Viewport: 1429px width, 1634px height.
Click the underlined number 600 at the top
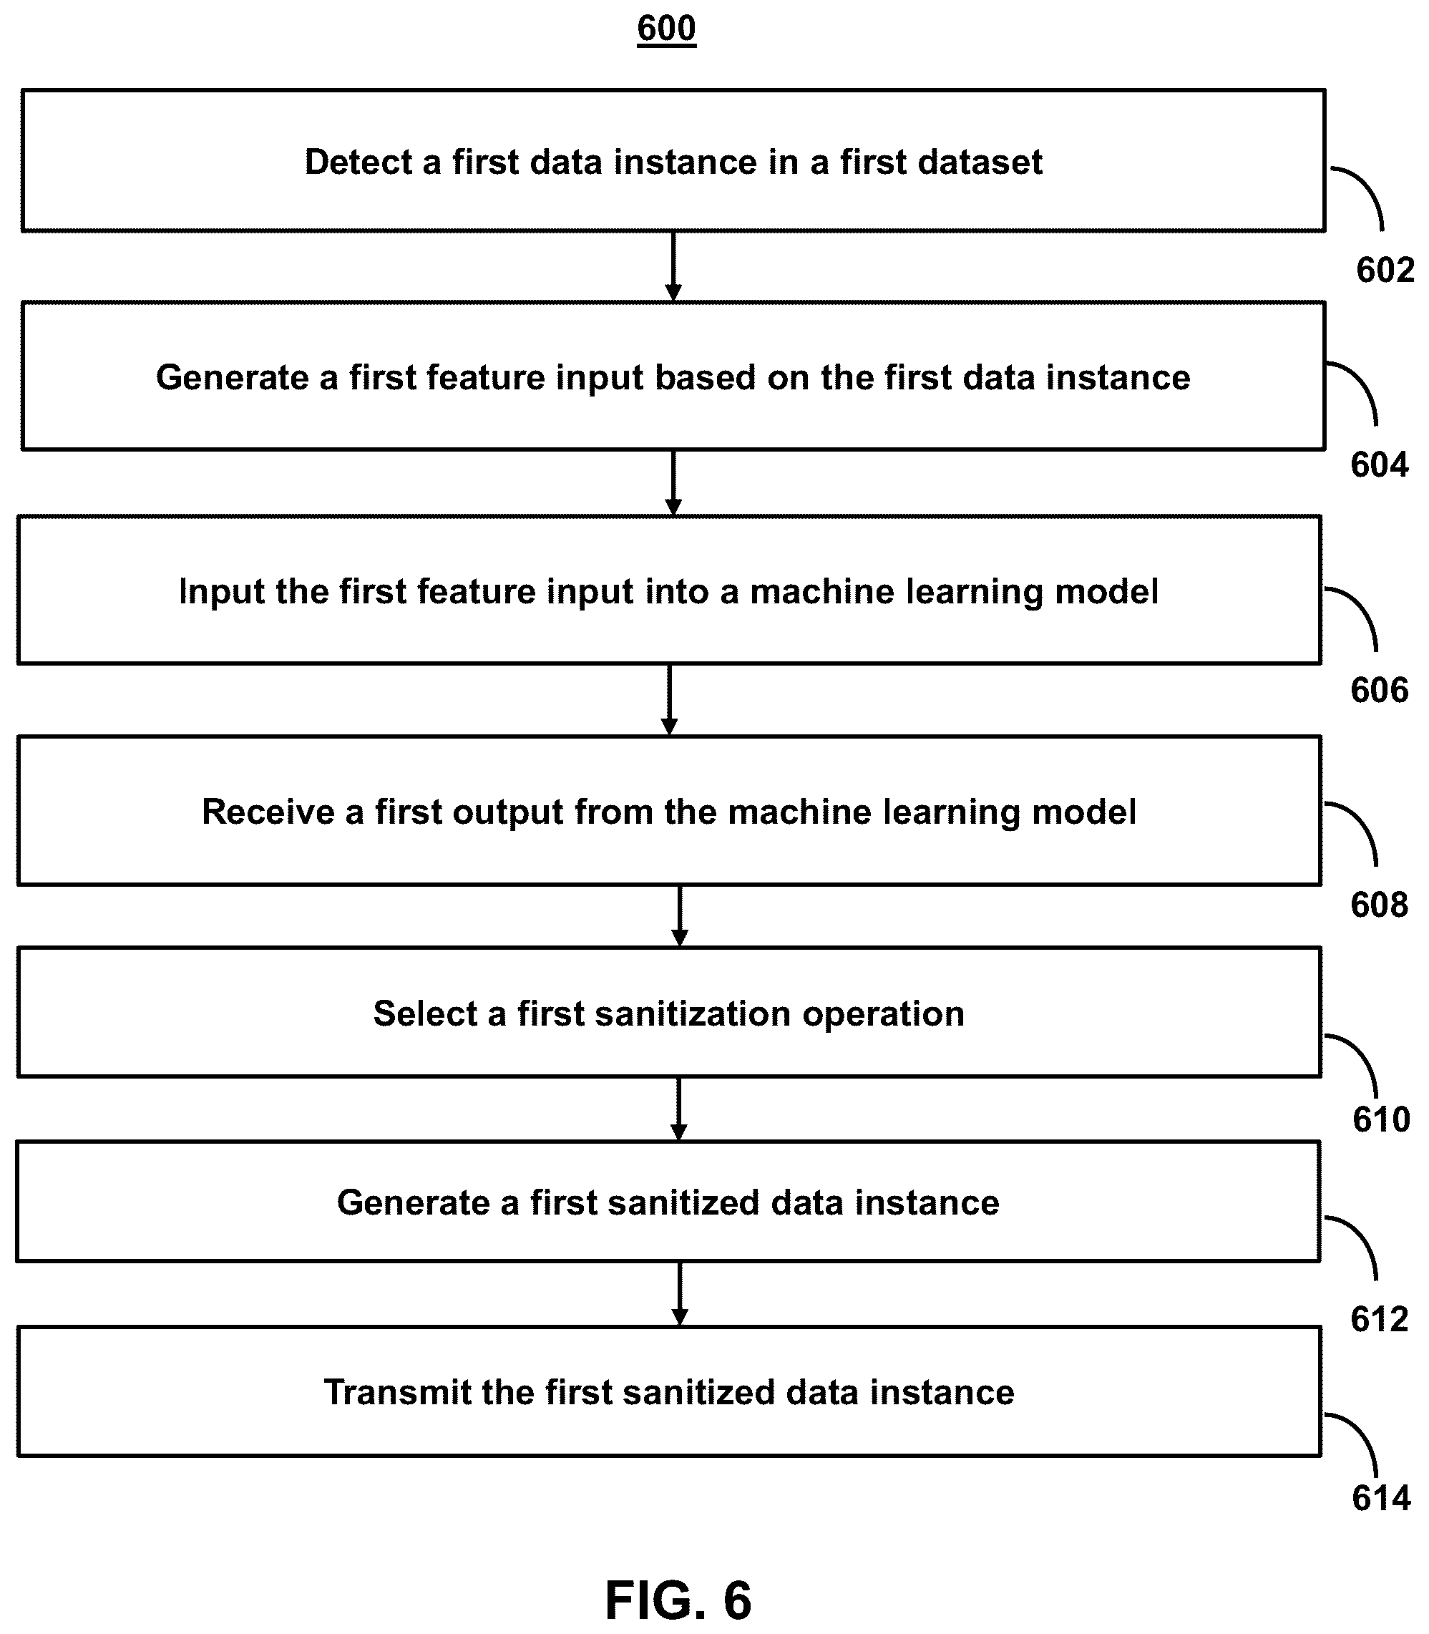pos(667,29)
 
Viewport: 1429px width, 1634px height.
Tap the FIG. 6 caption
pos(678,1600)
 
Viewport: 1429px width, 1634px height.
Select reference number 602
pos(1385,271)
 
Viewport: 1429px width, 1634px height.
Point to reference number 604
pos(1380,465)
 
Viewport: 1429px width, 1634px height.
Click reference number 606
pos(1380,690)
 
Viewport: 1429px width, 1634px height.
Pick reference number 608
pos(1380,905)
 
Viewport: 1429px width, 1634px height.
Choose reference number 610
pos(1381,1119)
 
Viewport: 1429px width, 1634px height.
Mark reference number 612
pos(1380,1320)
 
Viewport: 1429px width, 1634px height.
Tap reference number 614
pos(1381,1499)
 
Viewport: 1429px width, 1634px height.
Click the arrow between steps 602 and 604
pos(674,266)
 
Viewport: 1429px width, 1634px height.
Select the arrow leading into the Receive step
pos(670,699)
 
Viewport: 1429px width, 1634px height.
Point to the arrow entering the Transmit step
pos(679,1293)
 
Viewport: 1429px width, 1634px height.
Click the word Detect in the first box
pos(358,162)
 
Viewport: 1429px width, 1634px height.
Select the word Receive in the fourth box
pos(268,812)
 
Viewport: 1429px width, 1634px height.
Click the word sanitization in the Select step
pos(693,1013)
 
